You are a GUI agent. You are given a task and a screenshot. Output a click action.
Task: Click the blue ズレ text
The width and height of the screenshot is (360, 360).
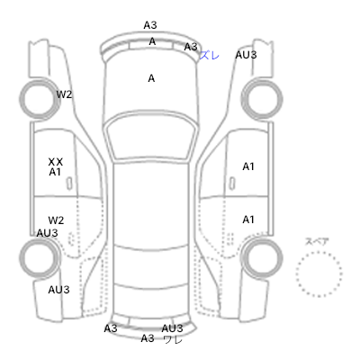[x=210, y=55]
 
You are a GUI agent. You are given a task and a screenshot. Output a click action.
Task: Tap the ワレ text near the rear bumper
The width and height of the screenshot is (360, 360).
[x=173, y=339]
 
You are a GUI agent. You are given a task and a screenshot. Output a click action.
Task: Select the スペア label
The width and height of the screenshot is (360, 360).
[x=317, y=241]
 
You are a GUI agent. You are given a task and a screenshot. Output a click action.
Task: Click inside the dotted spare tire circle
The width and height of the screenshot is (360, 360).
[x=319, y=274]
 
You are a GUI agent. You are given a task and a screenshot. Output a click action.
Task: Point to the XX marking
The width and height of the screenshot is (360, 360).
[x=56, y=162]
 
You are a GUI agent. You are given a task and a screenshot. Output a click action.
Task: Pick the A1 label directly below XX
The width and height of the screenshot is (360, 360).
[x=55, y=172]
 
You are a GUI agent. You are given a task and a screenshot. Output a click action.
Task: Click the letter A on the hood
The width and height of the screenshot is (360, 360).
[x=151, y=78]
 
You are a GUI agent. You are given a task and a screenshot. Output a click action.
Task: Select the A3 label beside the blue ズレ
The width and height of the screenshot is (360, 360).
[x=191, y=47]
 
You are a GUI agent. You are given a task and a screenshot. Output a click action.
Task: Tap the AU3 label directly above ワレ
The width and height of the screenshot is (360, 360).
[x=172, y=328]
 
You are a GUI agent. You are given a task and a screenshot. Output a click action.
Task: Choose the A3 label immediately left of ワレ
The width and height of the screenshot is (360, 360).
[x=148, y=338]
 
